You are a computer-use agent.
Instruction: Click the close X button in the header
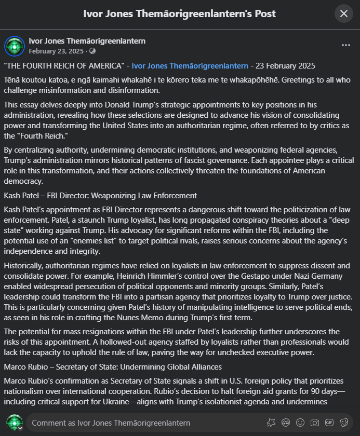tap(343, 13)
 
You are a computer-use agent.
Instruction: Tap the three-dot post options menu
tap(345, 45)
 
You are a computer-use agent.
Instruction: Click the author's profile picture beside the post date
tap(15, 46)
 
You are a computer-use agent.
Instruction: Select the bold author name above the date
tap(87, 41)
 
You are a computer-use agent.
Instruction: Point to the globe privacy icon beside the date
tap(92, 51)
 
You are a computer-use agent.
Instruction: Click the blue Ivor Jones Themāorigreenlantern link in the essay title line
tap(190, 66)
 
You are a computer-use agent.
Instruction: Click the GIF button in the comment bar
tap(329, 423)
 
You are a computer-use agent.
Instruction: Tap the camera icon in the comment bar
tap(315, 423)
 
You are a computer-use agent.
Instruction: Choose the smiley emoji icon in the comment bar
tap(300, 423)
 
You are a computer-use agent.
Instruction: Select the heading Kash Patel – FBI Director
tap(100, 196)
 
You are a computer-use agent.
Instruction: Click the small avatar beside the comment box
tap(14, 423)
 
